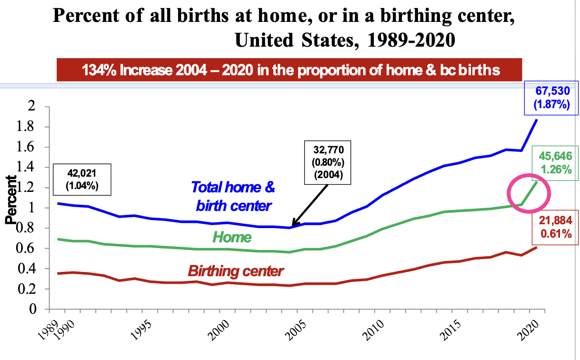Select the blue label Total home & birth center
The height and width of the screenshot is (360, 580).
coord(233,196)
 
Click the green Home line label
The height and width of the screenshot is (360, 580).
coord(232,236)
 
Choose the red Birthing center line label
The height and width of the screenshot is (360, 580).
coord(236,271)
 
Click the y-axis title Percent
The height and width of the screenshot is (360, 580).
coord(11,200)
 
